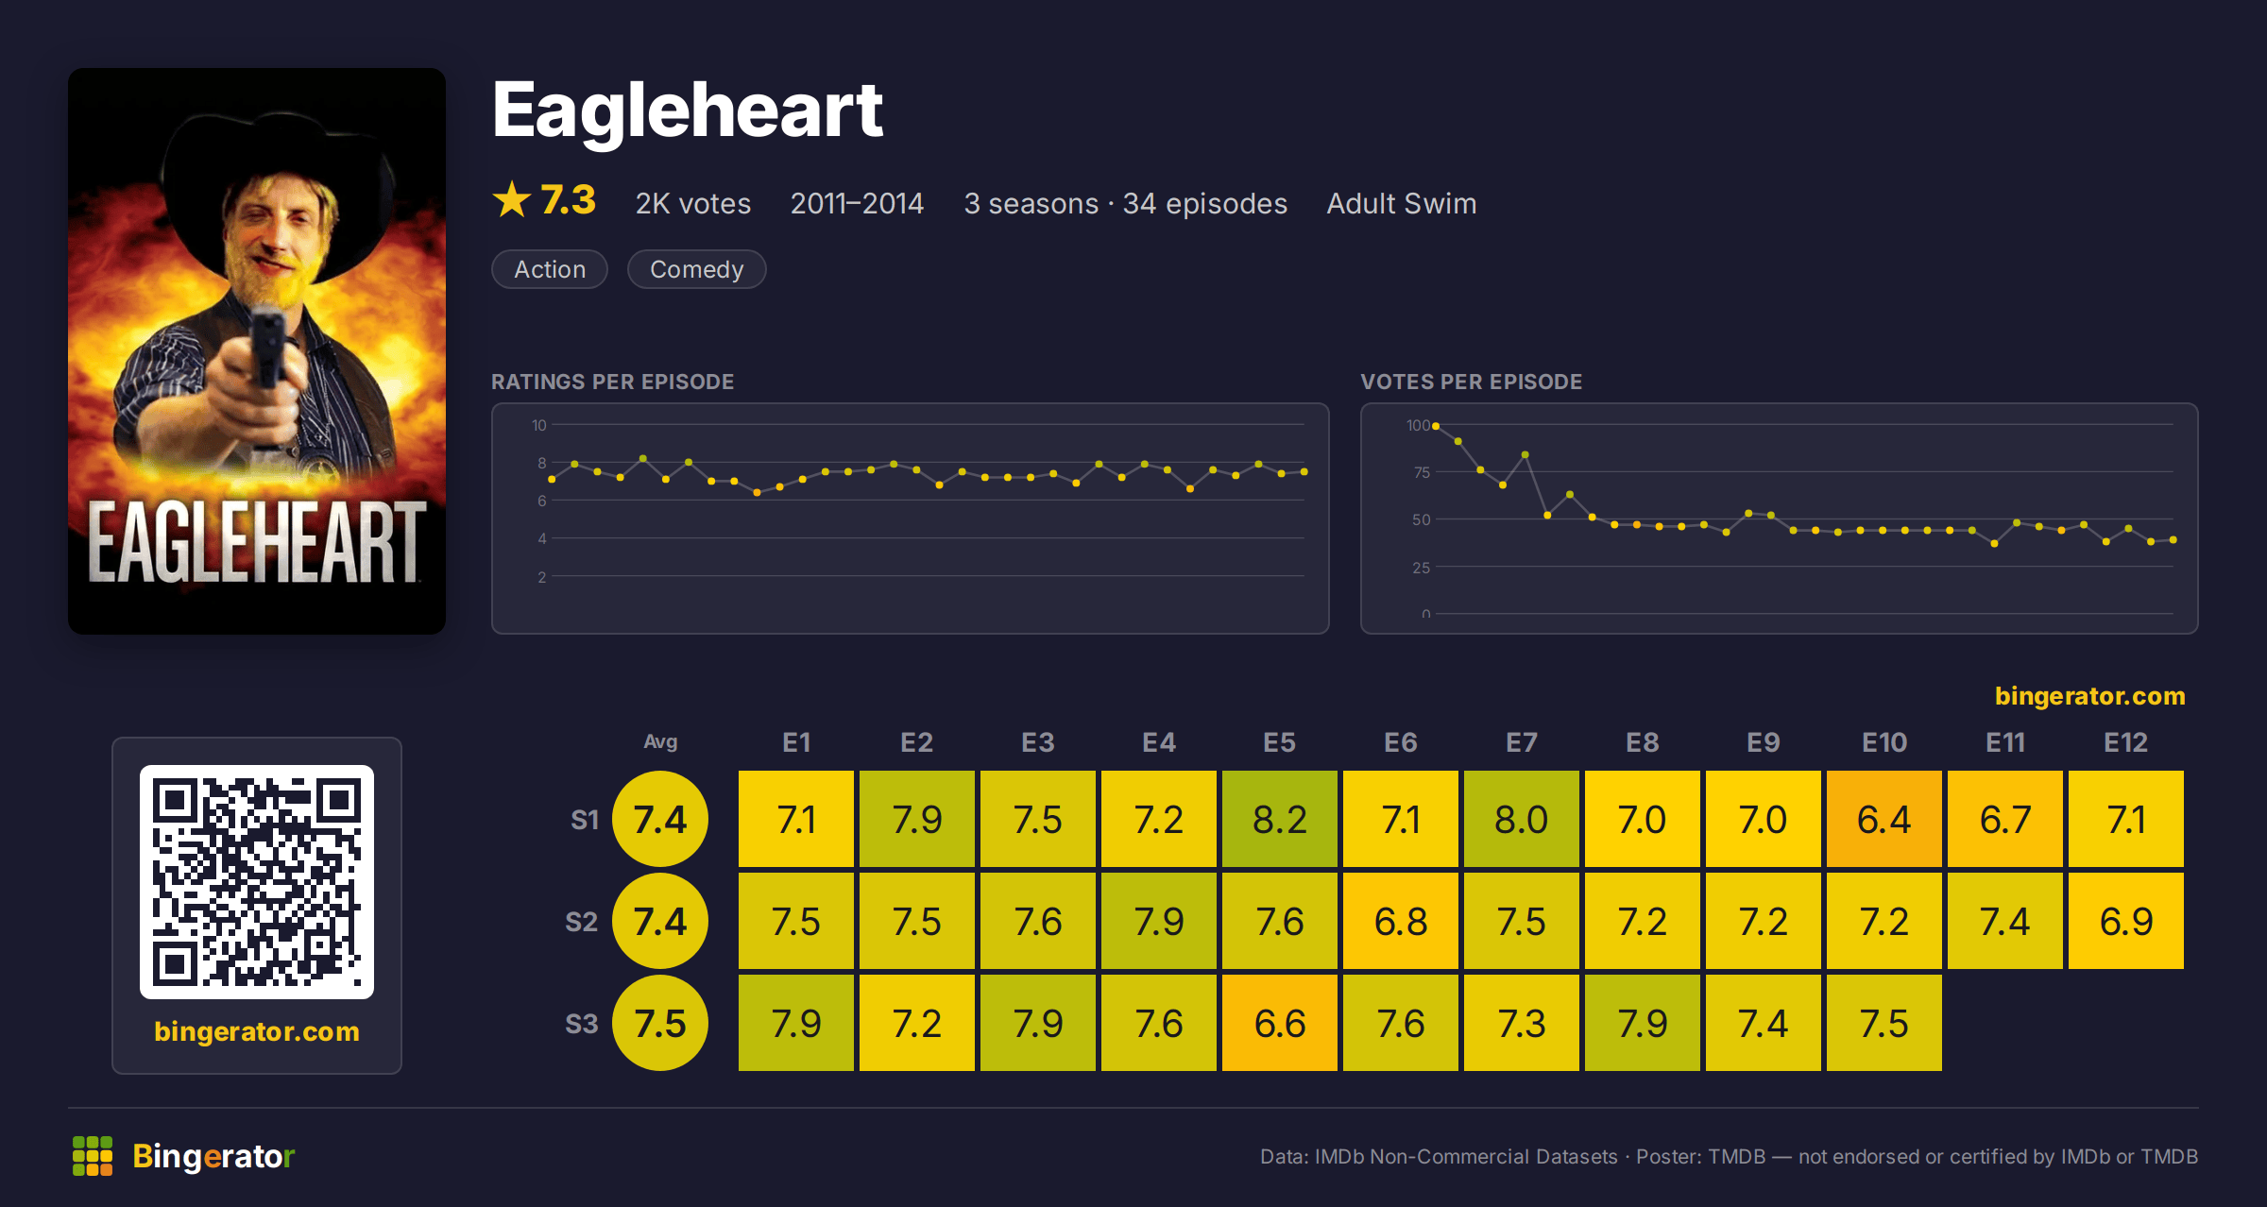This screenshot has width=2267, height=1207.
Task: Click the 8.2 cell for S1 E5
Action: click(x=1279, y=819)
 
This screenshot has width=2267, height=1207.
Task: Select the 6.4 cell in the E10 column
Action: click(x=1883, y=819)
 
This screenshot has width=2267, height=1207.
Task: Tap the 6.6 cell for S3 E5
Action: click(x=1279, y=1023)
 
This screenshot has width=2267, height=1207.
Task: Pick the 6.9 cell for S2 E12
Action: click(x=2125, y=921)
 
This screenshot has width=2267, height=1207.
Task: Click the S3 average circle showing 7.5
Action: click(x=660, y=1023)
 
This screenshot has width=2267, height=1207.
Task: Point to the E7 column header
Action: click(x=1521, y=742)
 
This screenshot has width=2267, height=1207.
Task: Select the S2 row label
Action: click(x=581, y=922)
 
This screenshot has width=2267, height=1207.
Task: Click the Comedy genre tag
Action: click(x=696, y=269)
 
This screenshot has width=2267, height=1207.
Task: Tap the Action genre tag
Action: click(x=550, y=269)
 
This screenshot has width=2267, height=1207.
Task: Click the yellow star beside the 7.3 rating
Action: click(x=512, y=199)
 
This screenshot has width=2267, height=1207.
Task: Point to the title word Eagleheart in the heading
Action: click(x=688, y=110)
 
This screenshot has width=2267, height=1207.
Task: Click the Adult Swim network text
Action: click(x=1401, y=203)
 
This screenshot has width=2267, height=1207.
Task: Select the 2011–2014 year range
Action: click(x=857, y=203)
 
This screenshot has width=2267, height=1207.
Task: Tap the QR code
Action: click(x=257, y=882)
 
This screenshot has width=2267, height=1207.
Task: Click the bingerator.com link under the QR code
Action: click(x=257, y=1031)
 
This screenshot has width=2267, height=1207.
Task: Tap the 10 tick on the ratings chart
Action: click(x=538, y=425)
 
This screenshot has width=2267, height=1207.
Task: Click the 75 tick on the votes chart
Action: click(x=1421, y=472)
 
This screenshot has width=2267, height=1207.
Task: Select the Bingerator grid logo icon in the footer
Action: click(x=93, y=1156)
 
